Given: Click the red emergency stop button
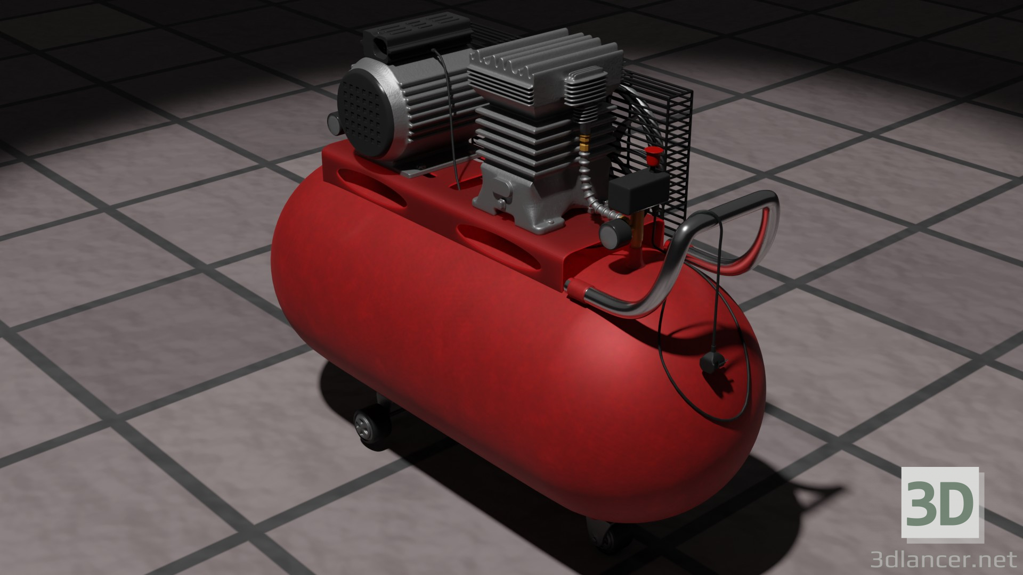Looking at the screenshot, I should coord(651,156).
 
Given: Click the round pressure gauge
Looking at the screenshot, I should coord(611,234).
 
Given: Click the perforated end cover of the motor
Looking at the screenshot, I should coord(364,114).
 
